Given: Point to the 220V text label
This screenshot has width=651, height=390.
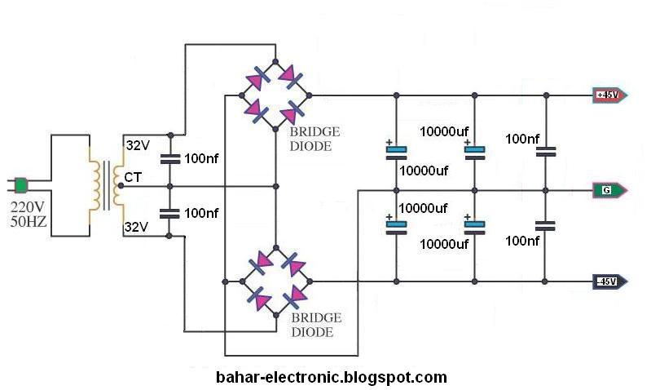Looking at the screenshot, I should tap(29, 206).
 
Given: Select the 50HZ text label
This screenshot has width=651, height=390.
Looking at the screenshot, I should tap(29, 221).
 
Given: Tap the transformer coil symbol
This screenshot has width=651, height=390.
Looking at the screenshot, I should tap(107, 185).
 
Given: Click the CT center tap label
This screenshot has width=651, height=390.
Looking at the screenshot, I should tap(132, 175).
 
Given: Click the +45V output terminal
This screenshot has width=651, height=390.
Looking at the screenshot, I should tap(608, 95).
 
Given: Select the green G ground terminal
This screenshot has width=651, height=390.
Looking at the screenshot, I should tap(608, 191).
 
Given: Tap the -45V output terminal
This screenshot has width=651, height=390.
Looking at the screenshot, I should tap(608, 282).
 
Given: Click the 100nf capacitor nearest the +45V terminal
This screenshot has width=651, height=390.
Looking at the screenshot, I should tap(546, 151).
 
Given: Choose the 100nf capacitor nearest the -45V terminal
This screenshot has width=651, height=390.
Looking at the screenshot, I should tap(546, 225).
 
